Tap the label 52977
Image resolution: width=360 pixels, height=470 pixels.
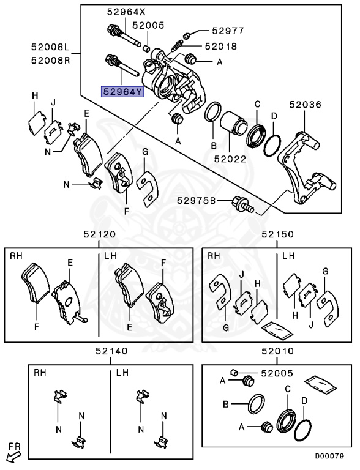click(228, 30)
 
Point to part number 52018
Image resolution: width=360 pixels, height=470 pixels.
click(221, 46)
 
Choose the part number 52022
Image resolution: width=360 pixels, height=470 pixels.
click(230, 158)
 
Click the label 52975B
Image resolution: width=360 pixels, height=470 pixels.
click(196, 200)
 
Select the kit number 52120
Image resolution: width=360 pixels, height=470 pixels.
click(99, 234)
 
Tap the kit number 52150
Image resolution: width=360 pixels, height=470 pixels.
click(277, 234)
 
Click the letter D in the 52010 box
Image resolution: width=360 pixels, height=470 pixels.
click(304, 400)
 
